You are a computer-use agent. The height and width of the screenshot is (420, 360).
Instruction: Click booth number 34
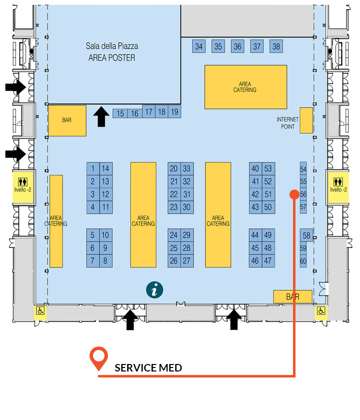tap(199, 46)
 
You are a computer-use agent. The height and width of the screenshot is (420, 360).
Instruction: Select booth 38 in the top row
tap(276, 46)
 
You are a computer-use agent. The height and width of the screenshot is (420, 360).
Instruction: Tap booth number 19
tap(174, 111)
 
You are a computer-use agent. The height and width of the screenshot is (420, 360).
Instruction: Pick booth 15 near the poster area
tap(120, 113)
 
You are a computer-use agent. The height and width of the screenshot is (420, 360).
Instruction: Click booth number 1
tap(93, 168)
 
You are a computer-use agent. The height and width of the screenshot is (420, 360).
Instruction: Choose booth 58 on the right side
tap(306, 235)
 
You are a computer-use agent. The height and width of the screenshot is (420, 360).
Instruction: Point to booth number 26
tap(174, 260)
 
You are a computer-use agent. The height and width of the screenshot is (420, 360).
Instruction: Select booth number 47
tap(268, 260)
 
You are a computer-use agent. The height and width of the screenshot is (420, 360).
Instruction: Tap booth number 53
tap(268, 168)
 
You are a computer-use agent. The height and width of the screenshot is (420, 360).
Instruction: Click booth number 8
tap(105, 260)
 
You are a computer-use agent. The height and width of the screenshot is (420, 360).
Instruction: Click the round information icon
tap(154, 290)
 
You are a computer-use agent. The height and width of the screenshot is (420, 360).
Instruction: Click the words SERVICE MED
tap(148, 368)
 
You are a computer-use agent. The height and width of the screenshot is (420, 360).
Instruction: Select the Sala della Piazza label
tap(112, 46)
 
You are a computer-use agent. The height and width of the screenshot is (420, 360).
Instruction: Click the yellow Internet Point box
tap(306, 120)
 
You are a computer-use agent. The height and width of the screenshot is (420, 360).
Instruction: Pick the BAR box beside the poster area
tap(67, 120)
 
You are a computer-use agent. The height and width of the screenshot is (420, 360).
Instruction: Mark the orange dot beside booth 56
tap(294, 194)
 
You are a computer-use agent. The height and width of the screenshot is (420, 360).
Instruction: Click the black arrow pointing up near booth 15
tap(101, 116)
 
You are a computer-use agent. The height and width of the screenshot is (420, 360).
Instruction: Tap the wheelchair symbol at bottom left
tap(40, 310)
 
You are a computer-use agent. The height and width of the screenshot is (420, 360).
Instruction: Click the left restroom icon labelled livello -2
tap(23, 181)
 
